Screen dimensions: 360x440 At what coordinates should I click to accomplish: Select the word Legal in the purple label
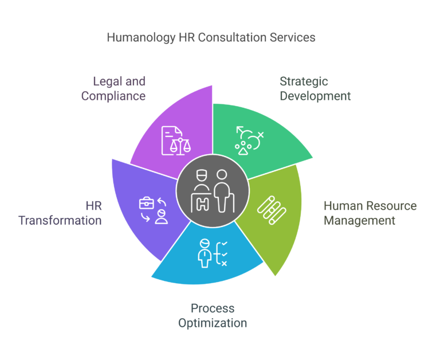coord(107,81)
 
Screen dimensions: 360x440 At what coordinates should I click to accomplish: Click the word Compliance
coord(113,96)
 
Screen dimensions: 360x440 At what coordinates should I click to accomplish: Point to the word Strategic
coord(304,81)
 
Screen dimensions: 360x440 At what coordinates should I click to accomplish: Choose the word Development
coord(315,96)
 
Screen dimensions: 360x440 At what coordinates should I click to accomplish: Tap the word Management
coord(359,220)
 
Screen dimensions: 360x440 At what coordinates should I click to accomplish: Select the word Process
coord(213,308)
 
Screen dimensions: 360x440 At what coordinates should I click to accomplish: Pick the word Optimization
coord(213,323)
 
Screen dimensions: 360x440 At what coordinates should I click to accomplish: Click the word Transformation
coord(60,220)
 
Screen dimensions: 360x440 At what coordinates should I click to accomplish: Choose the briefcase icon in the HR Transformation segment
coord(147,202)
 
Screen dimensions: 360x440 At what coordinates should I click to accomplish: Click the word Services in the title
coord(294,38)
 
